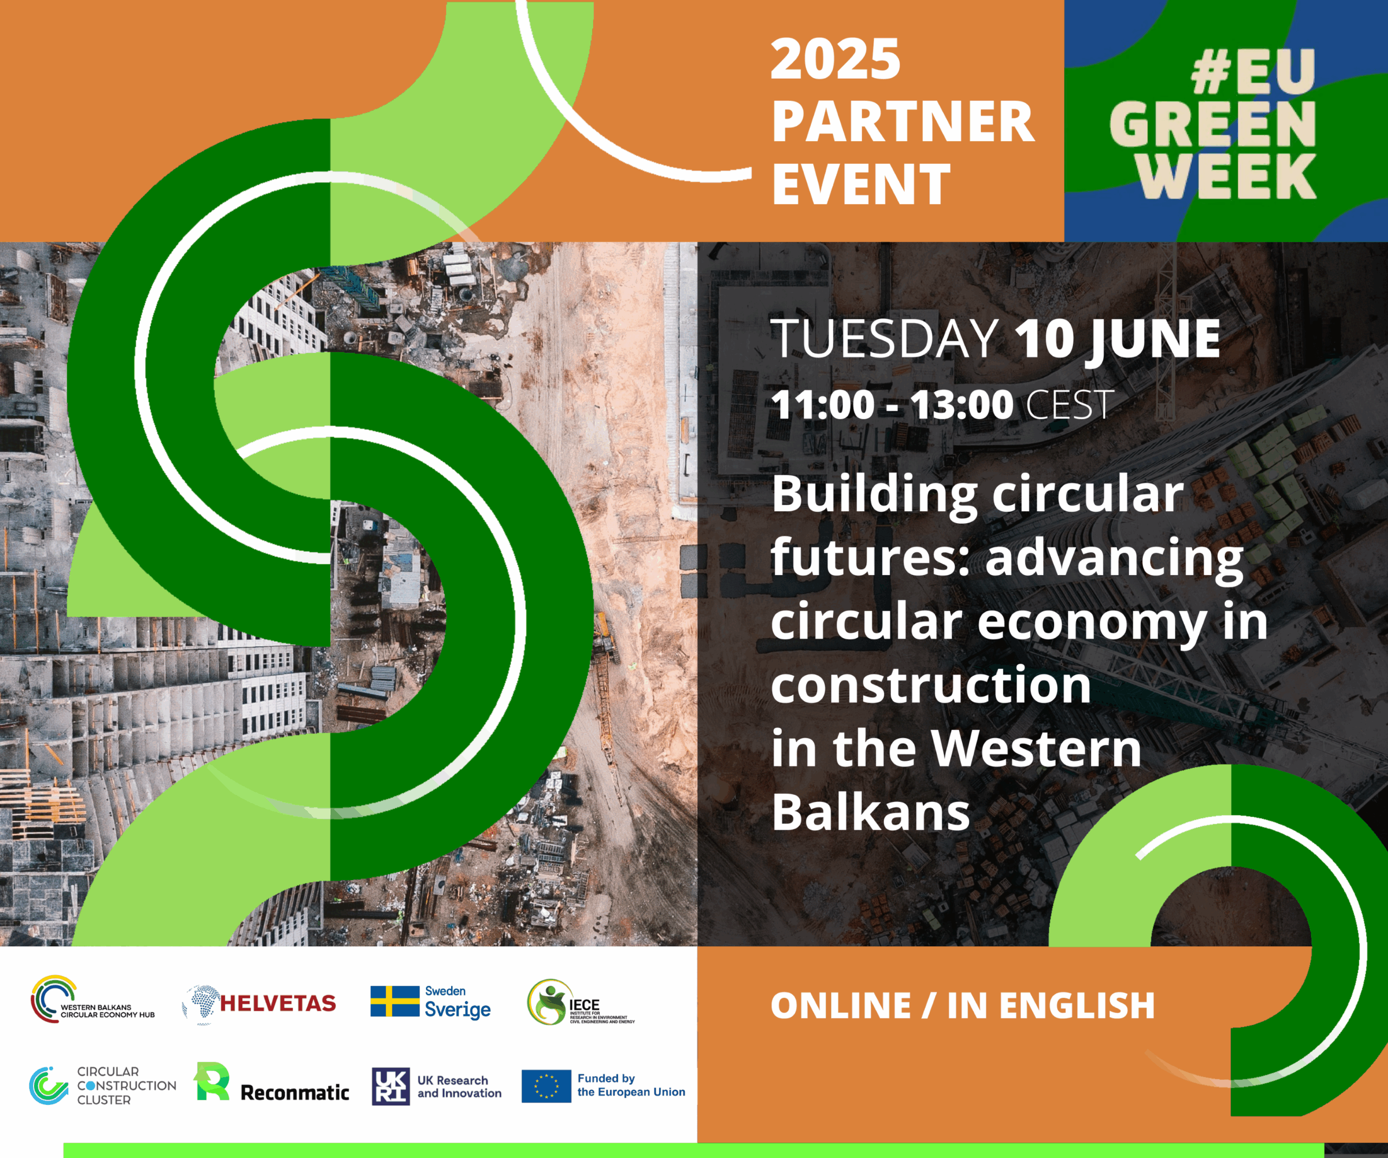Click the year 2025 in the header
836,60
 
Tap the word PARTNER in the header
903,122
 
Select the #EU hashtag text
1253,72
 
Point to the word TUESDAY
884,339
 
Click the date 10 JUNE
1117,339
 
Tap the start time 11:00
822,404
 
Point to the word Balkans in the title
870,812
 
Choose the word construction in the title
930,685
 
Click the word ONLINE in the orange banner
841,1006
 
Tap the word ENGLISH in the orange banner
1077,1006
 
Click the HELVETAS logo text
278,1003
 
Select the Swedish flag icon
395,1001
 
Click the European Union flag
546,1086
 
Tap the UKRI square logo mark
390,1086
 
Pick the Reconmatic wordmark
295,1092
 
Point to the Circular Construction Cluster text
126,1085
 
